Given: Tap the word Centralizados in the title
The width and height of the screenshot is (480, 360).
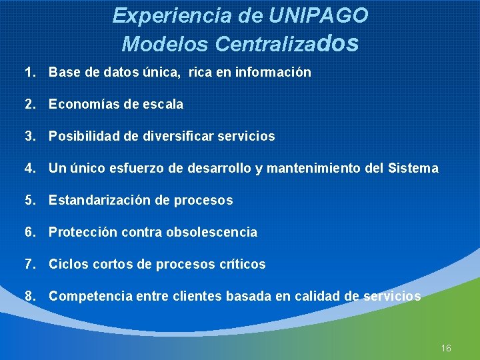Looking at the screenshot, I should tap(287, 43).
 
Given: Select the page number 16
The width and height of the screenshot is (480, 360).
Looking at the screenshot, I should tap(446, 349).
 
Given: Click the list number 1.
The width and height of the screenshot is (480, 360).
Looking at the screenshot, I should tap(30, 72).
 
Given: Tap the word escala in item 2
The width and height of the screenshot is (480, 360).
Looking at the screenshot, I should tap(163, 104).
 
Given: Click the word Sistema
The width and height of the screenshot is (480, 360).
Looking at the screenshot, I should tap(413, 168).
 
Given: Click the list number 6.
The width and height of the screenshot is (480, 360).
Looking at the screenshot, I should tap(30, 232).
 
